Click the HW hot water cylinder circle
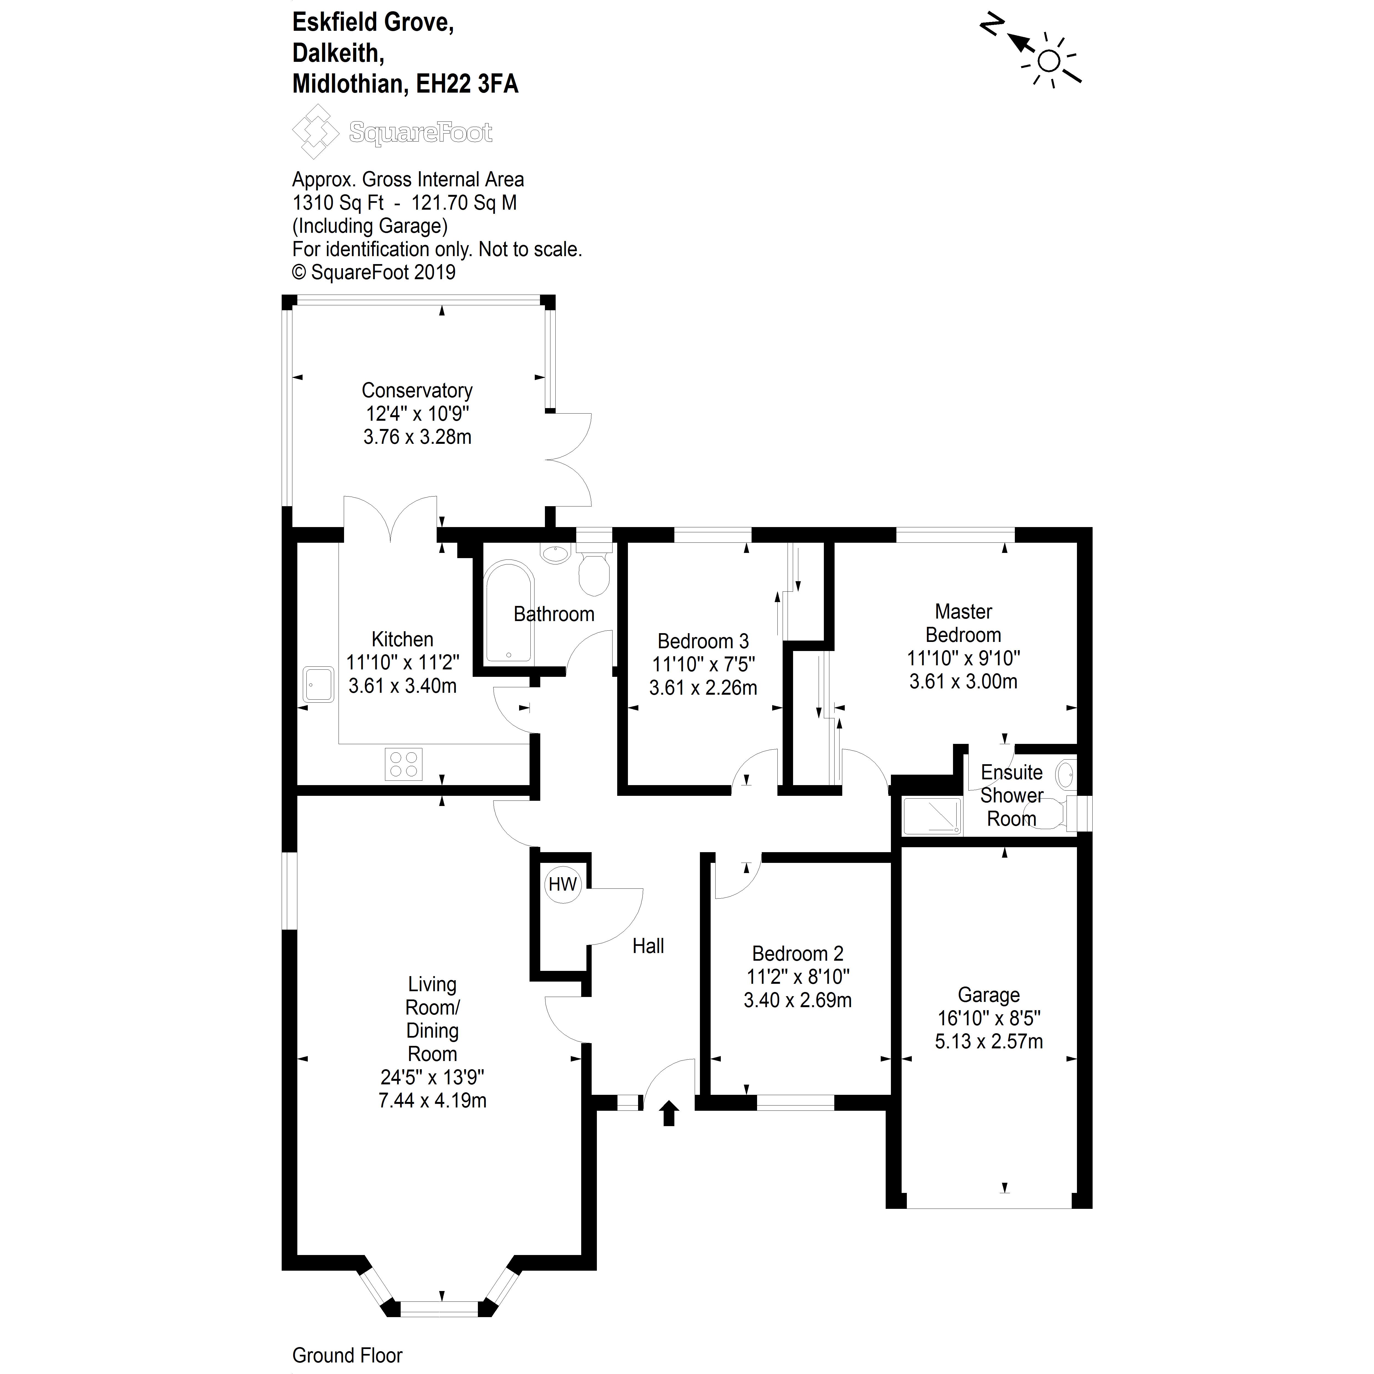tap(563, 885)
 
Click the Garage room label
tap(988, 995)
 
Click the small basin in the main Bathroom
tap(555, 553)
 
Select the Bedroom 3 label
tap(703, 641)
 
